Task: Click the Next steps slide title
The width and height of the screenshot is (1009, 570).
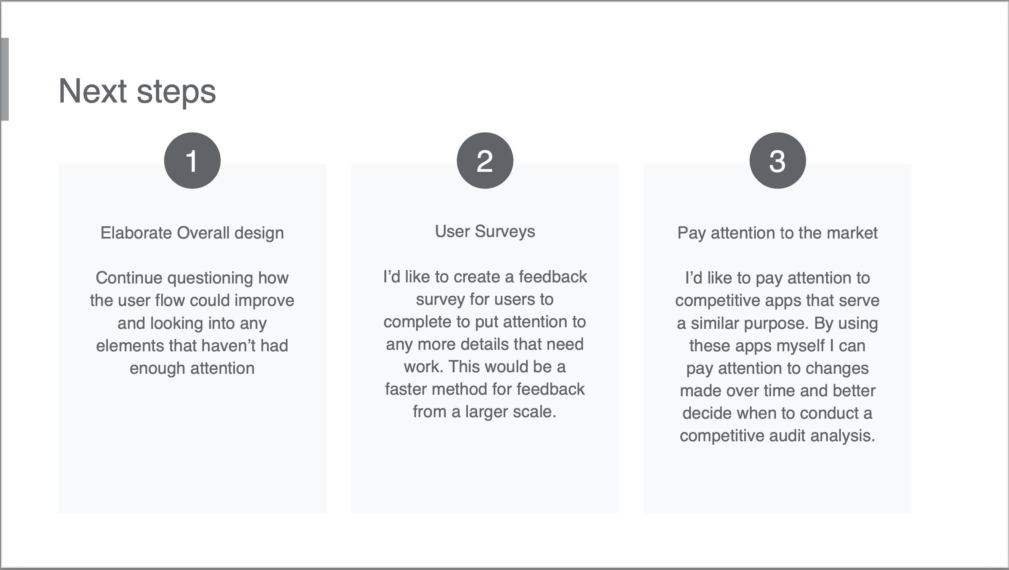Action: click(x=137, y=91)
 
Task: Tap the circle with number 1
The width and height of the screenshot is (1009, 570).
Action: click(x=192, y=160)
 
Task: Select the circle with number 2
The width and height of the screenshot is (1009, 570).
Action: click(x=485, y=160)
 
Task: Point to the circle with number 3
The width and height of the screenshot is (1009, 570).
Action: click(x=778, y=160)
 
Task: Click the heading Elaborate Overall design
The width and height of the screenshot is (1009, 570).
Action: click(x=192, y=233)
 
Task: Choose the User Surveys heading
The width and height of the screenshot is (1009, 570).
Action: click(x=485, y=232)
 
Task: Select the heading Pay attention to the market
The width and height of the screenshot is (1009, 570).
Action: click(x=778, y=233)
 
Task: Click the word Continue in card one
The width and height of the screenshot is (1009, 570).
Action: click(x=129, y=278)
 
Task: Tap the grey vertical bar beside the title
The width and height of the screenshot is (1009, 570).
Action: click(x=4, y=79)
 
